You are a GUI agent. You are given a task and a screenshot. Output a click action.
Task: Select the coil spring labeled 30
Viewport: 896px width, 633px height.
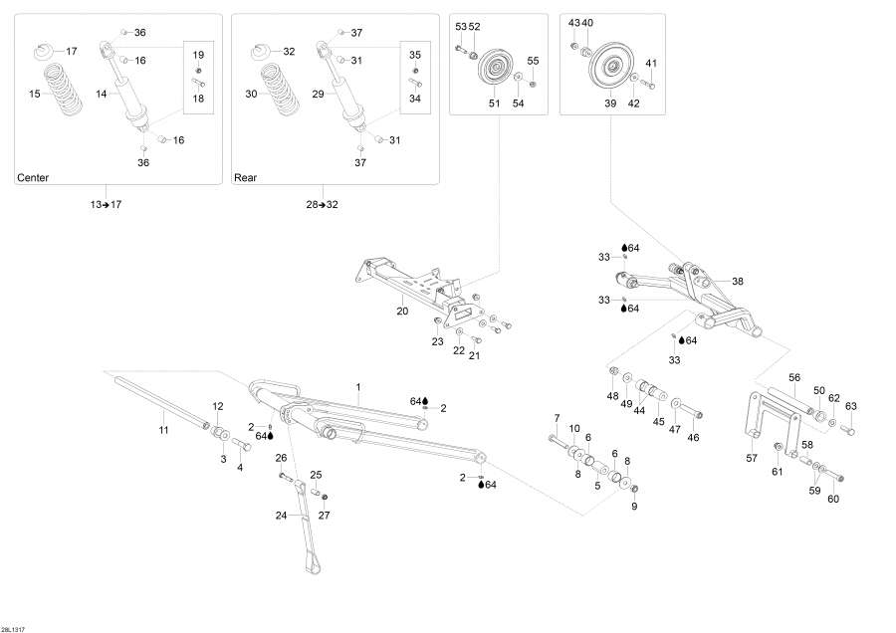coord(280,94)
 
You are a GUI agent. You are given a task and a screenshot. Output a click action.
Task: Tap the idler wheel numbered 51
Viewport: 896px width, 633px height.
coord(494,72)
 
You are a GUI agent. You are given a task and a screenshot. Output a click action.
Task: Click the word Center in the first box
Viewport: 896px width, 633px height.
coord(33,178)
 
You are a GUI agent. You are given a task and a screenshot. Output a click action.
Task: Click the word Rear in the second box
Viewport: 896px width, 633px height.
coord(245,178)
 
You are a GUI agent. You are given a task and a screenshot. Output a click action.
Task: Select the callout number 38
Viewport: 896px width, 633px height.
coord(737,281)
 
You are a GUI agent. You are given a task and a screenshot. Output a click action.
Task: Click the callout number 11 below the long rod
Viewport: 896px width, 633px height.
coord(165,429)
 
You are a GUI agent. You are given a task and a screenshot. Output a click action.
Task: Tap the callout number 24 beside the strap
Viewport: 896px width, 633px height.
coord(281,515)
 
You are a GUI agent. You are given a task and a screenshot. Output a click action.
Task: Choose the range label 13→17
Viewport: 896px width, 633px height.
coord(105,205)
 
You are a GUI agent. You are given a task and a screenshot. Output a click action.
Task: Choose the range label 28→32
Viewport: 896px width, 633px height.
coord(322,205)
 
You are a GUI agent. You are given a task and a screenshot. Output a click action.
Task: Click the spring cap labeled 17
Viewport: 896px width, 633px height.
coord(43,51)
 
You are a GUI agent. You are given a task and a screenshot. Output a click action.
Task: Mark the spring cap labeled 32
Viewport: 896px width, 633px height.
coord(262,51)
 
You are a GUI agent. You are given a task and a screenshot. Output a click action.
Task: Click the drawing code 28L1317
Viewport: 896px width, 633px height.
coord(14,626)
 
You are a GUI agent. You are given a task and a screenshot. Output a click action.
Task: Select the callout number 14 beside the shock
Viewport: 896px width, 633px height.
coord(102,94)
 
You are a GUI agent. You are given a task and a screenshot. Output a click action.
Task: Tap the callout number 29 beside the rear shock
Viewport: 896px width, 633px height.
coord(319,94)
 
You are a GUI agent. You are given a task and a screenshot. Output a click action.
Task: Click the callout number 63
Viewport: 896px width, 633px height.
coord(850,406)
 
